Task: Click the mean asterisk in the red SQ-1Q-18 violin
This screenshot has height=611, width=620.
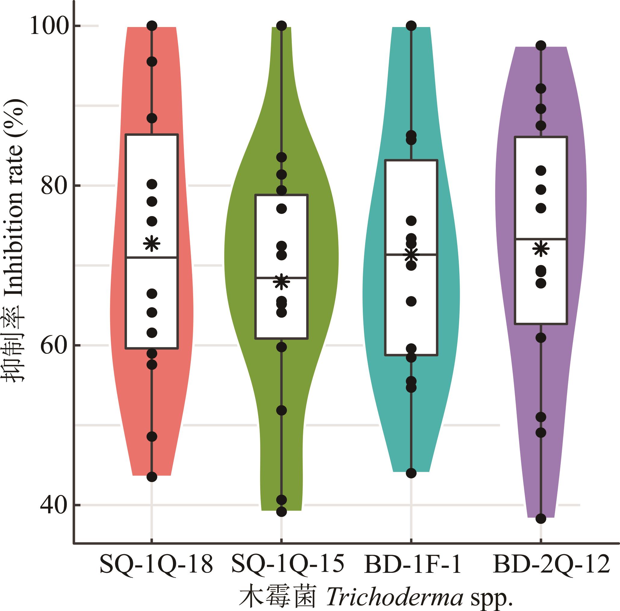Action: (152, 244)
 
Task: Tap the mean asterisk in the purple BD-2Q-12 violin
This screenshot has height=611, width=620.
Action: (541, 249)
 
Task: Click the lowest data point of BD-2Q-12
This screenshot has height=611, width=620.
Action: (541, 519)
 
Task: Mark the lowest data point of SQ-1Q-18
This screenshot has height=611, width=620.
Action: (152, 477)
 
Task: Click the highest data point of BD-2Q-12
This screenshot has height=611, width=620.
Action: (541, 45)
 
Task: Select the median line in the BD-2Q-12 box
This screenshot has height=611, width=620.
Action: (541, 239)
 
